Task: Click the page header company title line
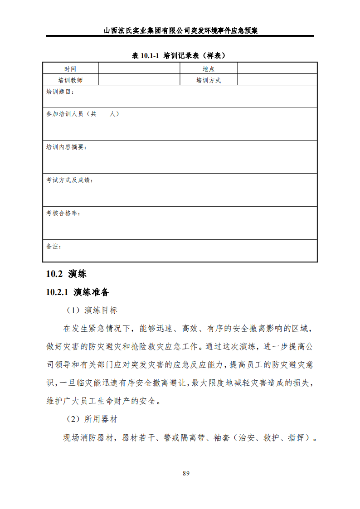coord(180,31)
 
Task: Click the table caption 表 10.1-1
coord(179,55)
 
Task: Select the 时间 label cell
coord(70,69)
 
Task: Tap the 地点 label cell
coord(209,69)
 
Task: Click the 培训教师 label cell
coord(70,80)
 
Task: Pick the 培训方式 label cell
coord(209,80)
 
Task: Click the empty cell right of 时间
coord(139,69)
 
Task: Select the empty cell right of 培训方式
coord(277,80)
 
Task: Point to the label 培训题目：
coord(60,92)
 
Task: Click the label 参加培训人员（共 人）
coord(83,114)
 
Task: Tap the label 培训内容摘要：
coord(67,147)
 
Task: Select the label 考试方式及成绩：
coord(70,180)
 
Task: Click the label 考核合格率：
coord(63,213)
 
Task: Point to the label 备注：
coord(54,246)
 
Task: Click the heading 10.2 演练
coord(66,274)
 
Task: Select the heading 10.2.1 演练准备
coord(78,292)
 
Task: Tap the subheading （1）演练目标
coord(92,310)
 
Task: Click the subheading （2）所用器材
coord(92,419)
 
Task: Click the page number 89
coord(186,473)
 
